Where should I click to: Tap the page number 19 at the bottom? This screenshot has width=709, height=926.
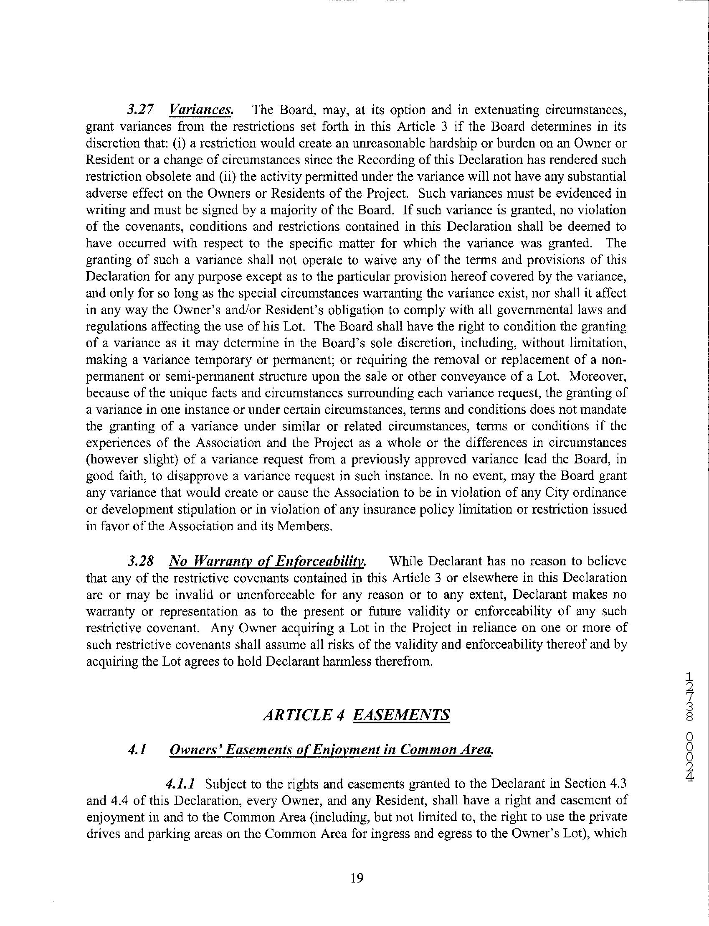point(357,878)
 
